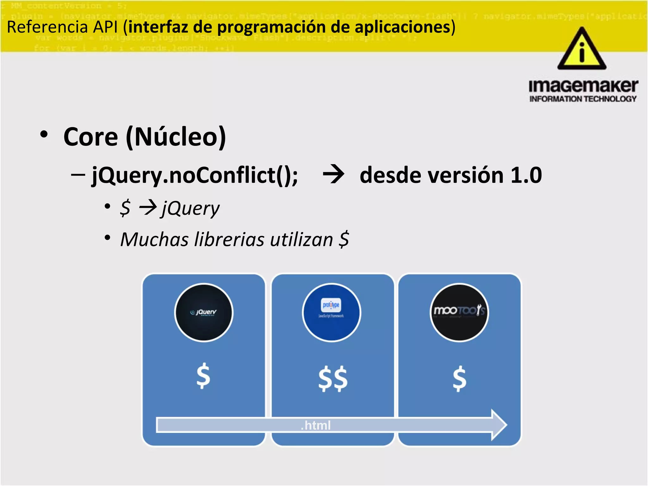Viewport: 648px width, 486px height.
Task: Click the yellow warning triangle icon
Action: coord(582,51)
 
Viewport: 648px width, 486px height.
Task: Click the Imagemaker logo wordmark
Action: coord(583,86)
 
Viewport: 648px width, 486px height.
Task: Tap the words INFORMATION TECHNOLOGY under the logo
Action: coord(583,99)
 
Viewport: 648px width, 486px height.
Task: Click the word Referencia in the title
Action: coord(47,27)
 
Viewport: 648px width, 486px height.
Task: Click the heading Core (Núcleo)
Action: coord(145,137)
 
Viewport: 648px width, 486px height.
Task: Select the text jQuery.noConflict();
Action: coord(195,176)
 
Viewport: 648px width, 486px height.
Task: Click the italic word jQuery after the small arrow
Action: coord(190,209)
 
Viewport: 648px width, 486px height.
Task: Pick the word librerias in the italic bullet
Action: coord(229,240)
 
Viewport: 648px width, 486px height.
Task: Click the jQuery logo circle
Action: coord(203,312)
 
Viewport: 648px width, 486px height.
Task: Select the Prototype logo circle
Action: coord(331,312)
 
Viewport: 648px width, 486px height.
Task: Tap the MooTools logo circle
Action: coord(459,312)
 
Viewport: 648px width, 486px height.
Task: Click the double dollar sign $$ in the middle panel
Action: coord(333,379)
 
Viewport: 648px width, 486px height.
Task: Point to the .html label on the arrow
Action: coord(315,425)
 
